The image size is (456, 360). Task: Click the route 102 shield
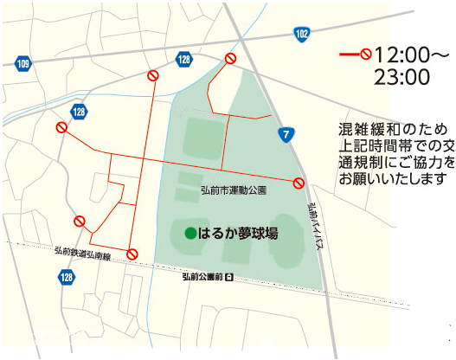(x=301, y=34)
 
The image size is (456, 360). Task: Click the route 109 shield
(x=22, y=65)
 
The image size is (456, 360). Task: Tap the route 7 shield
(x=286, y=133)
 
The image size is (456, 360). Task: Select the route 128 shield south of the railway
(x=67, y=277)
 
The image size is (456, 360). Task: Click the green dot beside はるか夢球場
(x=189, y=233)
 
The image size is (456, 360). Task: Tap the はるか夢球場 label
(x=238, y=233)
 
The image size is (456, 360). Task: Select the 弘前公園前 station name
(x=202, y=277)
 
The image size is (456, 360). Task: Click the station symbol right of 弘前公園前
(x=229, y=277)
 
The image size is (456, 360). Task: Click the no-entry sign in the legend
(x=366, y=54)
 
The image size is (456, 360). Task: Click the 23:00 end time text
(x=401, y=77)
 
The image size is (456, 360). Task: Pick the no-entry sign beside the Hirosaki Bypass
(x=299, y=183)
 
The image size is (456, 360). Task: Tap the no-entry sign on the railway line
(x=132, y=254)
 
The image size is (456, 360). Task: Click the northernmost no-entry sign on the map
(x=231, y=58)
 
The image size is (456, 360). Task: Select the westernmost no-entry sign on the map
(x=61, y=128)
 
